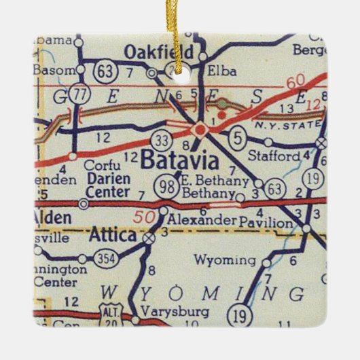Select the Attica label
coord(113,236)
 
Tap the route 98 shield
coord(168,185)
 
